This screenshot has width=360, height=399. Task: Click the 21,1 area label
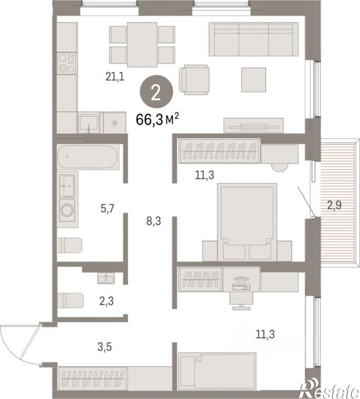pyautogui.click(x=115, y=77)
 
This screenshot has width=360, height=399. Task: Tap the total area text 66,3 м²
pyautogui.click(x=157, y=119)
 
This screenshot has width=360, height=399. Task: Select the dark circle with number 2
pyautogui.click(x=156, y=92)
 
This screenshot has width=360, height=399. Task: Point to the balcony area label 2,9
pyautogui.click(x=334, y=205)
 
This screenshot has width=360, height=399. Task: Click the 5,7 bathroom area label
pyautogui.click(x=108, y=208)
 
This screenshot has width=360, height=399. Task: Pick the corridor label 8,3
pyautogui.click(x=154, y=221)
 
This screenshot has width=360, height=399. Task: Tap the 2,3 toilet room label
pyautogui.click(x=107, y=301)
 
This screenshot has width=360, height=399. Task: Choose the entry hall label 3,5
pyautogui.click(x=104, y=347)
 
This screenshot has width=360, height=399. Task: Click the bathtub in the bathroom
pyautogui.click(x=88, y=157)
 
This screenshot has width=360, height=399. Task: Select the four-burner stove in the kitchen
pyautogui.click(x=67, y=64)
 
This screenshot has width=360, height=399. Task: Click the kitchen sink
pyautogui.click(x=89, y=123)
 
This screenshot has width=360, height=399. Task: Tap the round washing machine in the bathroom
pyautogui.click(x=68, y=210)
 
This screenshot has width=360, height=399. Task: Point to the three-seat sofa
pyautogui.click(x=253, y=39)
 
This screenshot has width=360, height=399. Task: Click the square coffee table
pyautogui.click(x=253, y=80)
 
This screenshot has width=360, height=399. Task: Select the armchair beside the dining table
pyautogui.click(x=194, y=80)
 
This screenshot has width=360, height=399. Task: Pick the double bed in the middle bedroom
pyautogui.click(x=247, y=222)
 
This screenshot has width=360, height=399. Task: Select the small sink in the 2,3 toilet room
pyautogui.click(x=106, y=278)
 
